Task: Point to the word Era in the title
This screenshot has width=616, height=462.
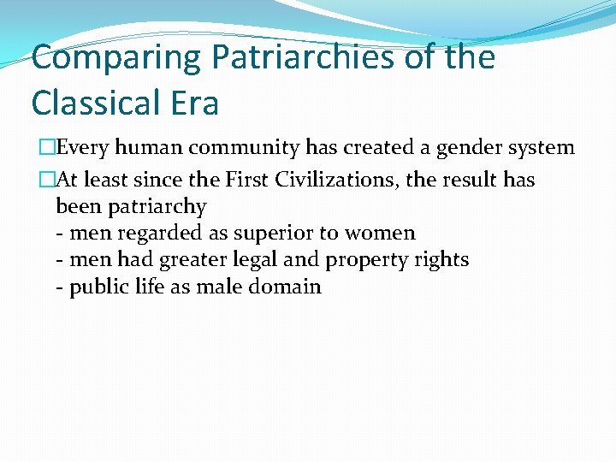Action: coord(195,103)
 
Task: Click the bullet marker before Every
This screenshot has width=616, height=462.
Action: coord(48,148)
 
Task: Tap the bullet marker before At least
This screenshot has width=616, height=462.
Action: coord(48,180)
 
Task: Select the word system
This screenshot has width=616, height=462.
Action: coord(542,148)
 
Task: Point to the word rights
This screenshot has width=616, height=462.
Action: coord(441,260)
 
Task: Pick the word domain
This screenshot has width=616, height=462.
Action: coord(285,287)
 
